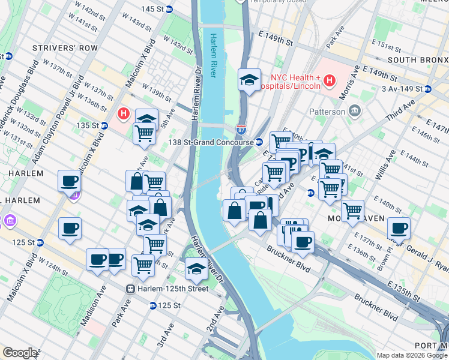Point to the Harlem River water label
point(213,56)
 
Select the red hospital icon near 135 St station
point(124,112)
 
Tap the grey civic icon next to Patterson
point(354,111)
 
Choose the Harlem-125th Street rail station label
point(172,289)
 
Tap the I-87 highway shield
point(241,129)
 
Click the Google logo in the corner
point(20,353)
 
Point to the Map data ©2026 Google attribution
point(412,355)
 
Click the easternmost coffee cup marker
point(399,229)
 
